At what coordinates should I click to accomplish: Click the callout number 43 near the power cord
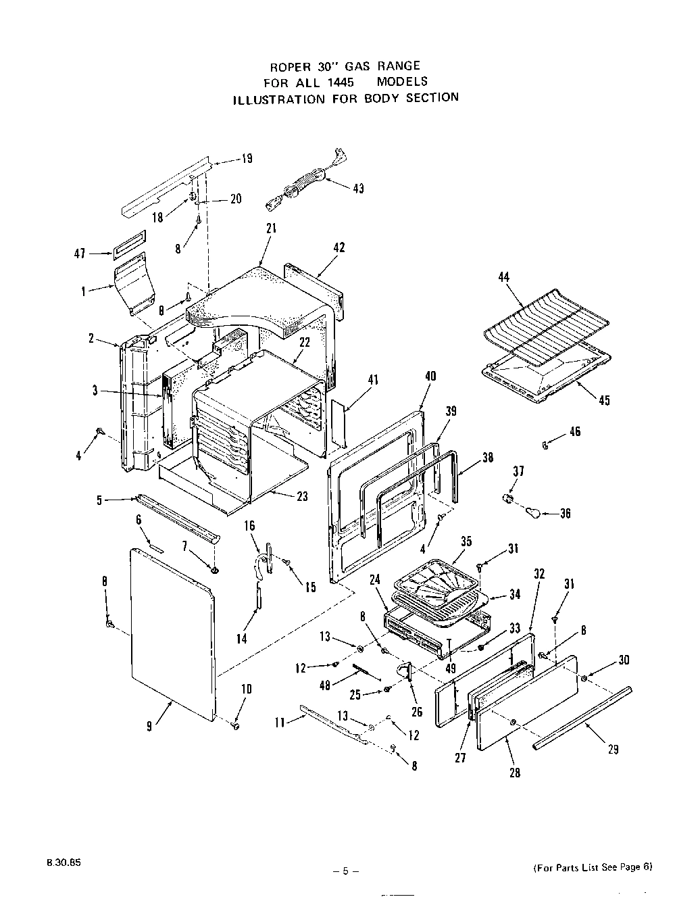click(358, 189)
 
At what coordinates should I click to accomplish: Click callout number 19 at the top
click(247, 159)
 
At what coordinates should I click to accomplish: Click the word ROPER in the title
click(289, 66)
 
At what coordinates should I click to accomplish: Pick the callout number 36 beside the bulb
click(565, 514)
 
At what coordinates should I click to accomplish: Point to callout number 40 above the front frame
click(430, 377)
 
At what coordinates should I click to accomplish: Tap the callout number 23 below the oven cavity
click(302, 496)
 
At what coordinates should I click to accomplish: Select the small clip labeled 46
click(545, 444)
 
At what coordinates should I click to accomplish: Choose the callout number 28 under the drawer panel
click(515, 773)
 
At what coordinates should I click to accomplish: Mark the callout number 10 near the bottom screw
click(247, 689)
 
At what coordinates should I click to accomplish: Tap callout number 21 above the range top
click(271, 228)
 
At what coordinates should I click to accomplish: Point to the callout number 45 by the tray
click(604, 401)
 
